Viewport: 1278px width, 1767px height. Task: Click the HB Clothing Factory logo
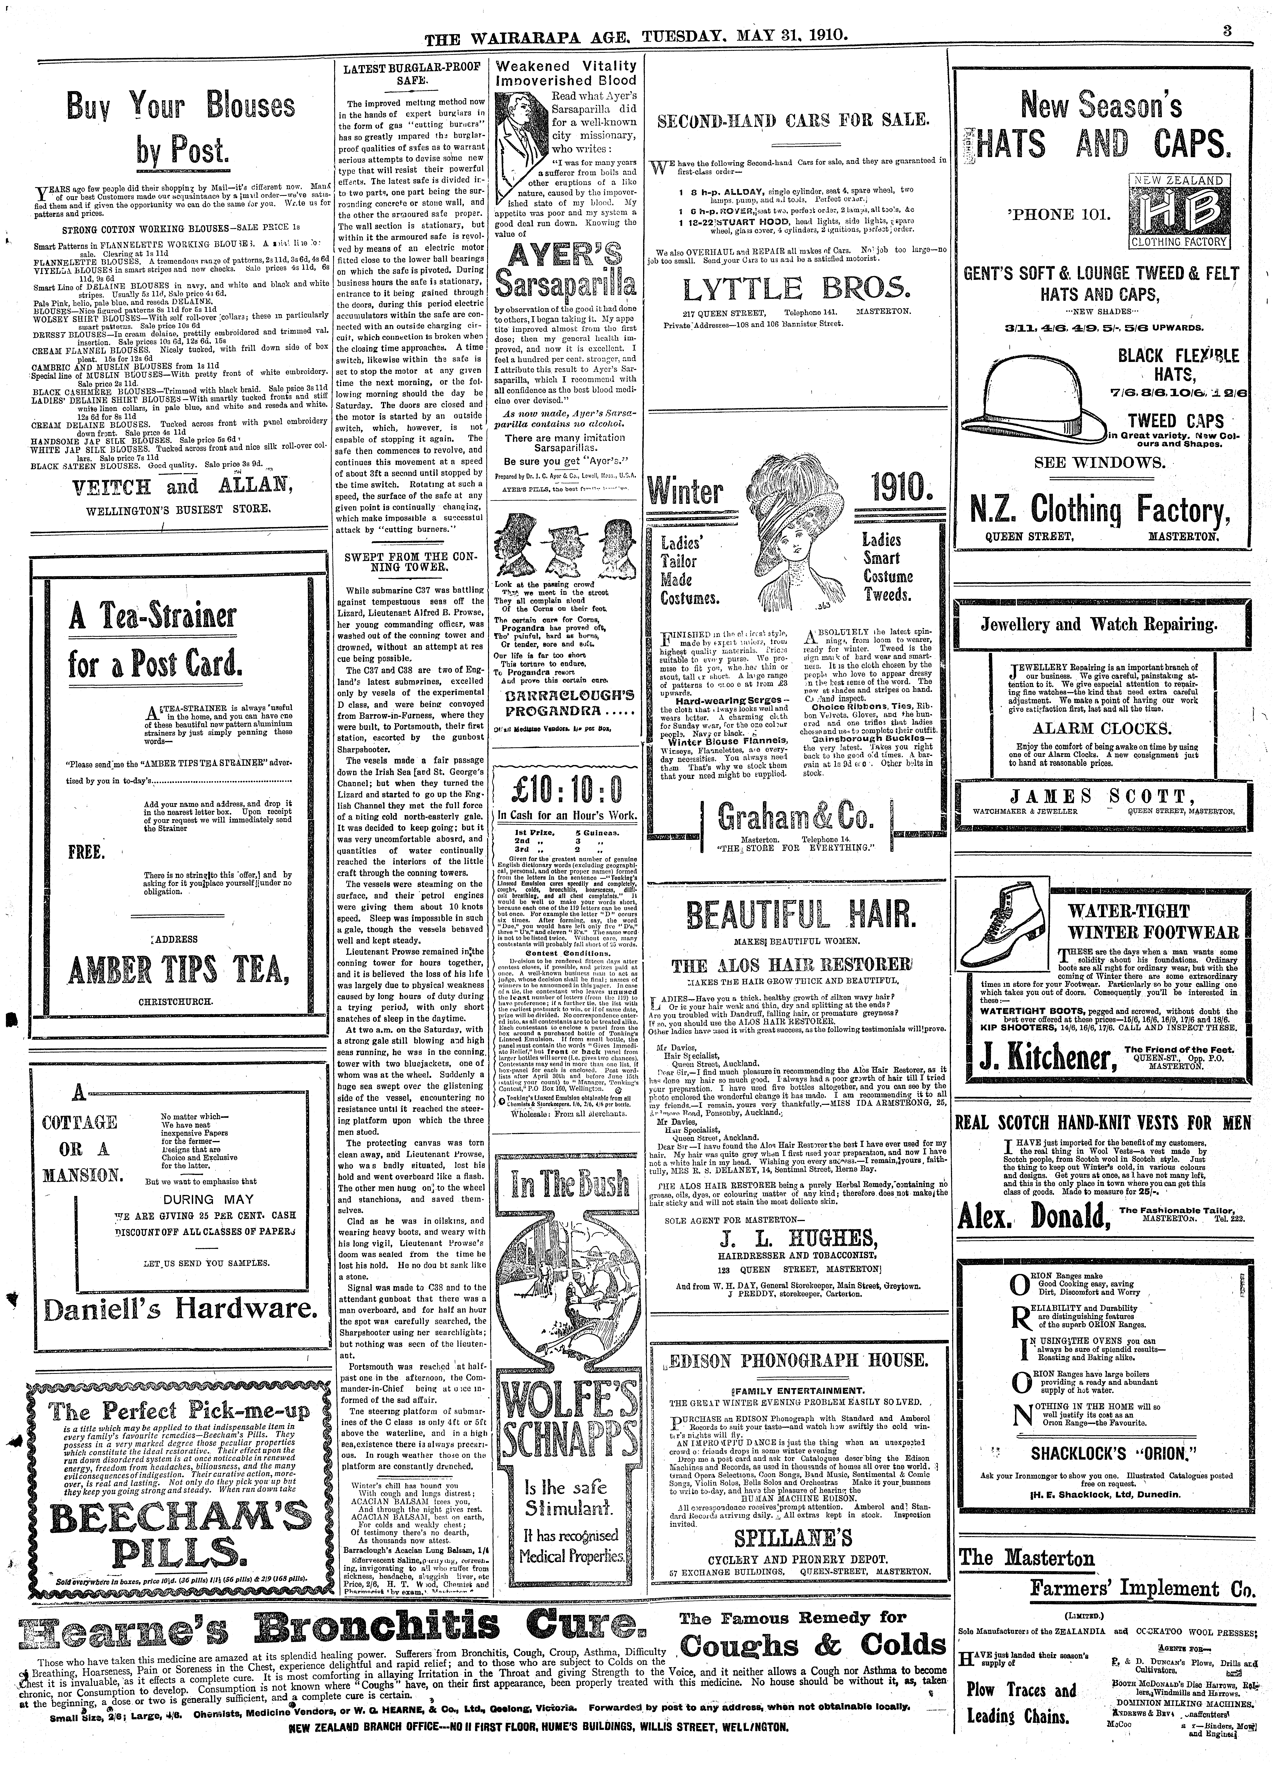pyautogui.click(x=1179, y=210)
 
